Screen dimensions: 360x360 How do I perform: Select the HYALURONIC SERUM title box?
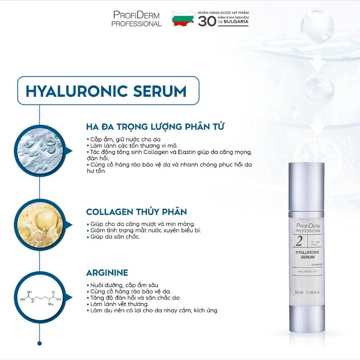click(x=107, y=91)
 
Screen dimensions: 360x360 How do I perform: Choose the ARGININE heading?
click(x=107, y=273)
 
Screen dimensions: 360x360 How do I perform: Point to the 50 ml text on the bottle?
click(x=300, y=293)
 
